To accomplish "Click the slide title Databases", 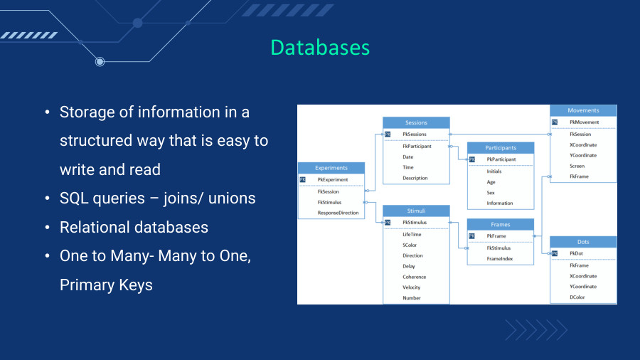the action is point(320,48).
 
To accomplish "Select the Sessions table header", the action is point(416,122).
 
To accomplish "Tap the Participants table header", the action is point(501,148).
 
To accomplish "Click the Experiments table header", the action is point(331,168).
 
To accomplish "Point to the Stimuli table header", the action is point(416,211).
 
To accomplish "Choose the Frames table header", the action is point(501,225).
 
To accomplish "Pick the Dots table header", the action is point(583,242).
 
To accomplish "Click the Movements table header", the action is point(583,110).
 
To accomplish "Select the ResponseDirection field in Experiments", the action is point(338,213).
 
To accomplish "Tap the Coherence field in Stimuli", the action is point(415,277).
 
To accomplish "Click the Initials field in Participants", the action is point(494,171).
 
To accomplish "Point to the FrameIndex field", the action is point(500,259).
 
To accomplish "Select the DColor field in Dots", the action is point(577,297).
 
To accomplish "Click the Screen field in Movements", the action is point(577,166).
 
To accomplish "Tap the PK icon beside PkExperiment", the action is point(302,179).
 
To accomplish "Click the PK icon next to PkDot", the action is point(554,253).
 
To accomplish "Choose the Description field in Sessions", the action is point(415,178).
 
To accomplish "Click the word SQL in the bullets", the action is point(73,198).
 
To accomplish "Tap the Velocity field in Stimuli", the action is point(412,287).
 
